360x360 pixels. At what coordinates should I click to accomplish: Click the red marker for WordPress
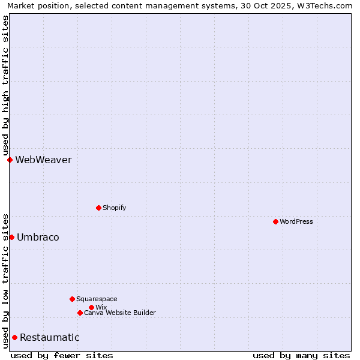point(275,221)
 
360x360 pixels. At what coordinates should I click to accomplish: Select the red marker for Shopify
point(98,208)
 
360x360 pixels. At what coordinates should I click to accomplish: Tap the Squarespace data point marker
point(72,299)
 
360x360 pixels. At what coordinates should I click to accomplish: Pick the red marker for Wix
point(91,307)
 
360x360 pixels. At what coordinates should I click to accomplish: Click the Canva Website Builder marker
point(80,313)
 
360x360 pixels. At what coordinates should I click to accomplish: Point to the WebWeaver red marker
point(10,160)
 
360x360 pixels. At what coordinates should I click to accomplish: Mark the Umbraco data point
point(11,237)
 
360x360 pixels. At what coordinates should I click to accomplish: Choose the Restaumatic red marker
point(14,337)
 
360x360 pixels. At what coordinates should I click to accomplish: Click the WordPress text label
point(296,221)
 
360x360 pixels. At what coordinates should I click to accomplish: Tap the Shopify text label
point(114,208)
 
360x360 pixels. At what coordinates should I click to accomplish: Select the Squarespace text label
point(97,299)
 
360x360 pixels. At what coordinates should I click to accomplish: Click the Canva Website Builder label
point(120,313)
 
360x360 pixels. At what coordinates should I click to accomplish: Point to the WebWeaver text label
point(43,160)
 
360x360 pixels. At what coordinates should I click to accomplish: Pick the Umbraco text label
point(38,237)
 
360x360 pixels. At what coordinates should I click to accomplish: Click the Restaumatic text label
point(49,337)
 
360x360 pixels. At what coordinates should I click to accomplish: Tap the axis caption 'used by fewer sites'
point(62,355)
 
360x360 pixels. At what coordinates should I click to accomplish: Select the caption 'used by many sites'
point(301,355)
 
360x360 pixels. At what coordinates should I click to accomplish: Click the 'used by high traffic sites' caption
point(5,85)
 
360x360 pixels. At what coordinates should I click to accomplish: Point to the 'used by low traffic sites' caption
point(5,280)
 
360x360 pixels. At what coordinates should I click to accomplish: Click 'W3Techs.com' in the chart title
point(327,5)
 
